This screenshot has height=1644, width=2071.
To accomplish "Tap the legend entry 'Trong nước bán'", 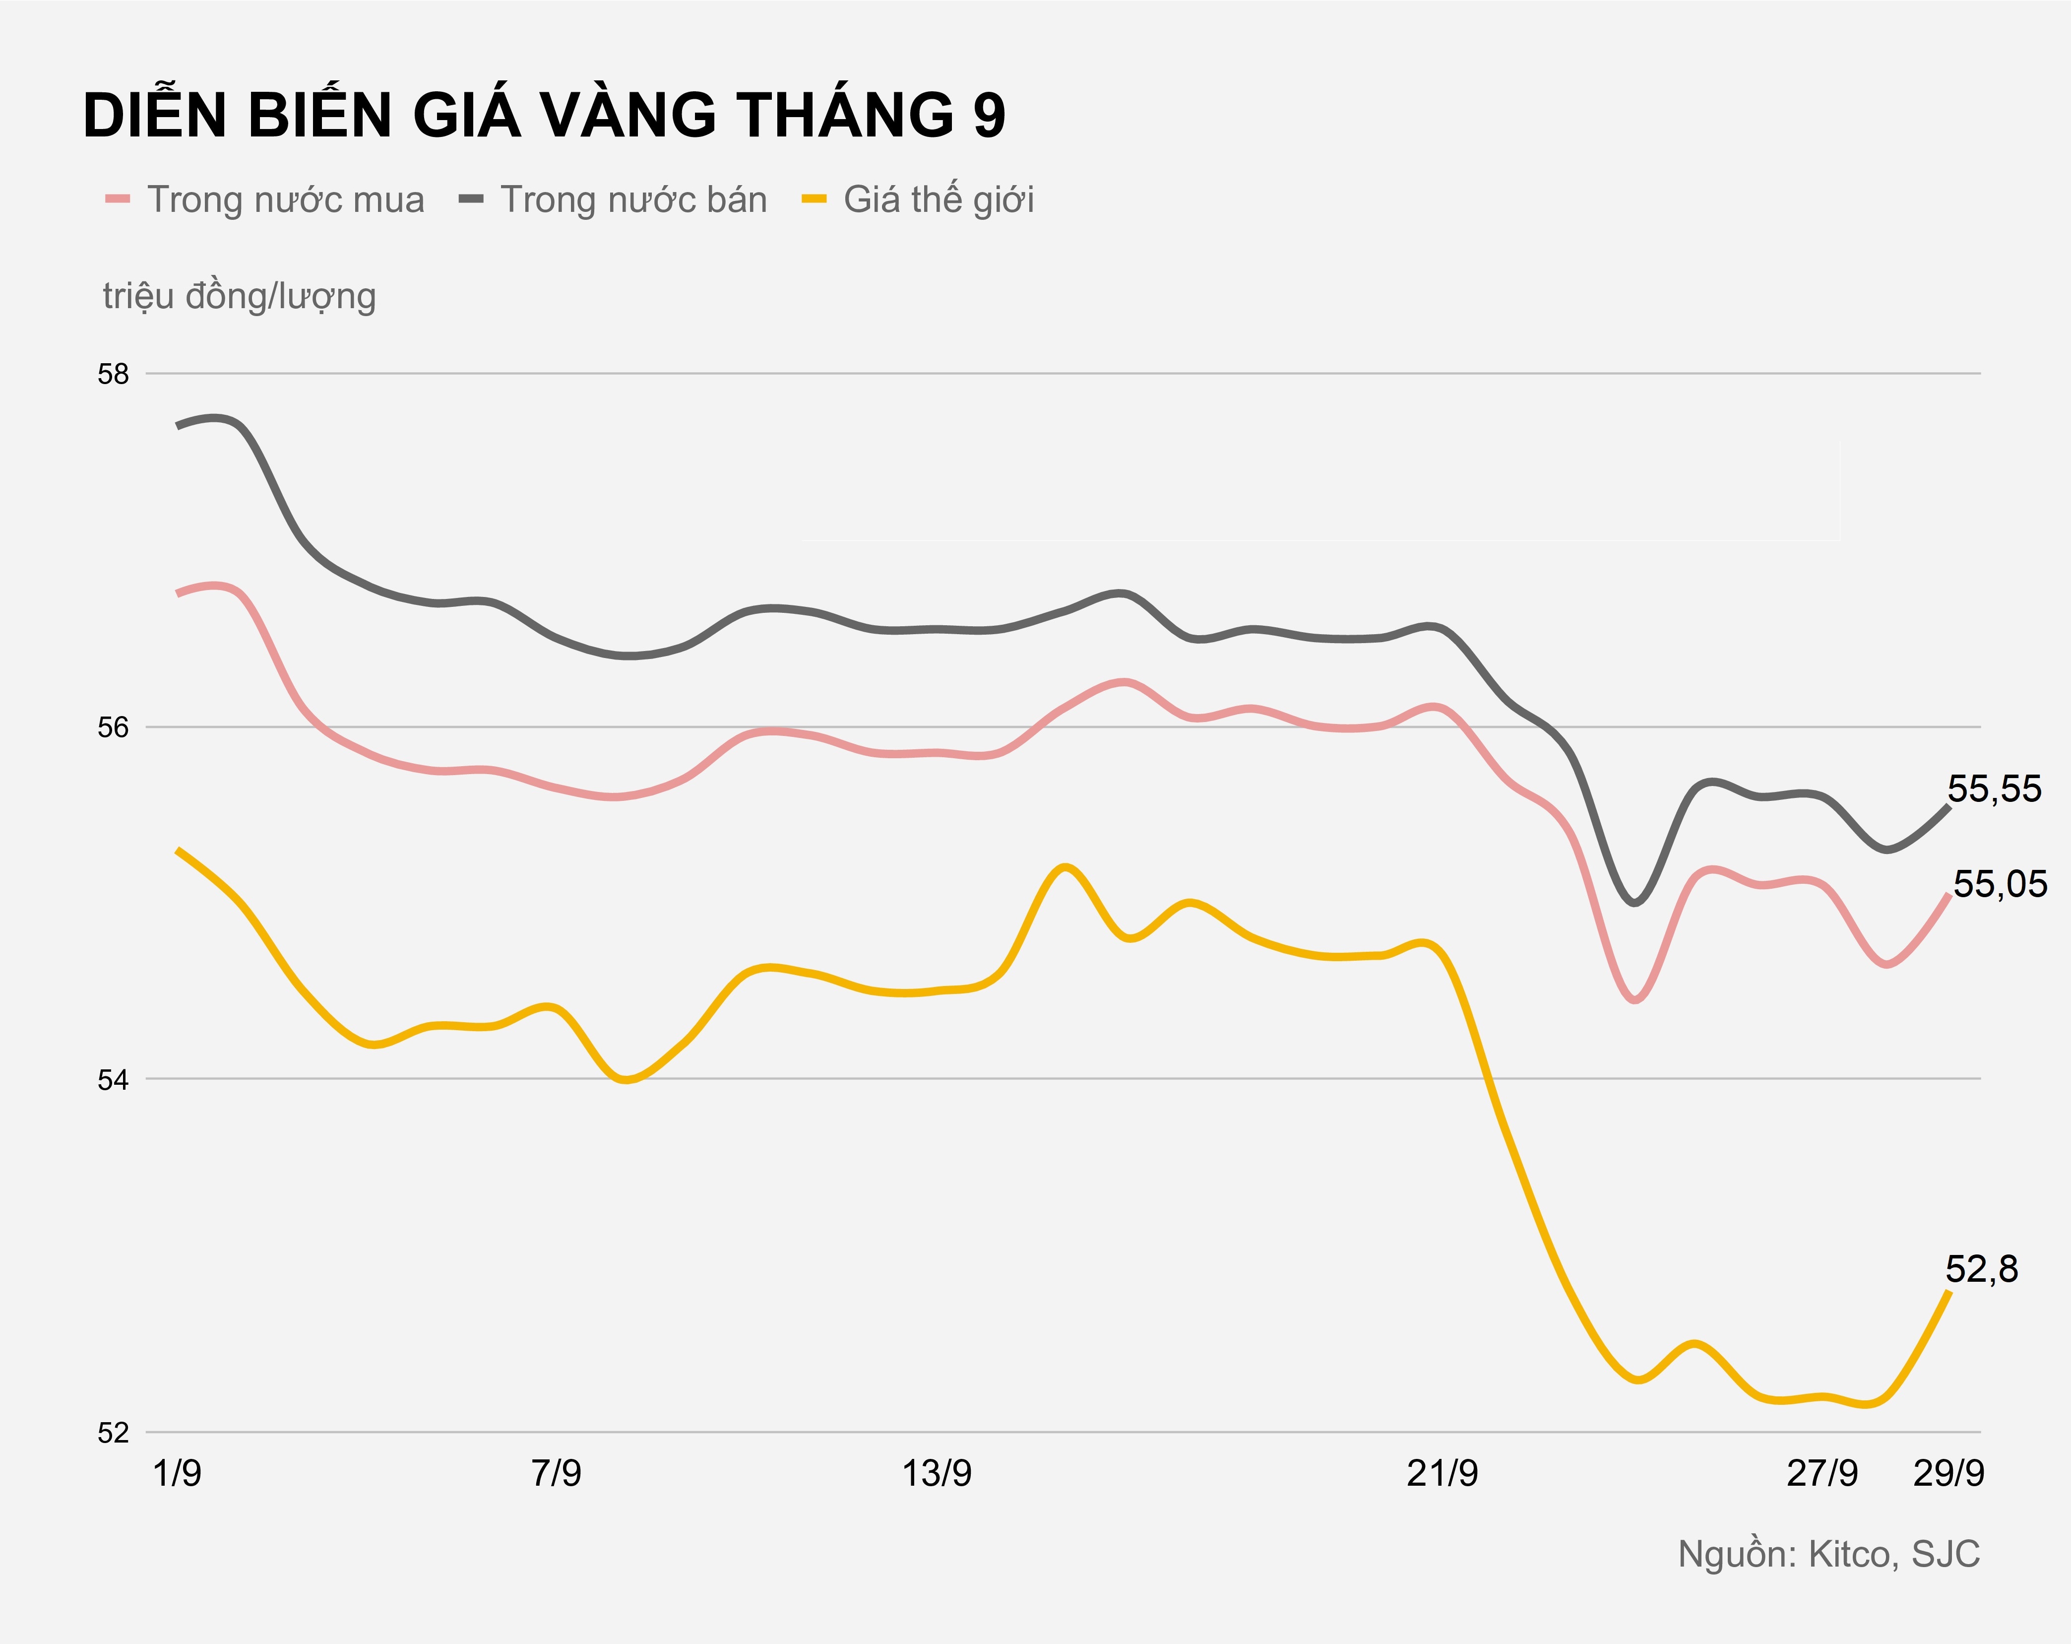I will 633,200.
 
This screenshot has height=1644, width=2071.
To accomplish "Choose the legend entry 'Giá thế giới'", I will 939,200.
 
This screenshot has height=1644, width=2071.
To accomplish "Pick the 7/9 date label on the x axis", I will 556,1473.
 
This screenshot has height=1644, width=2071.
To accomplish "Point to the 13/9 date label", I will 937,1473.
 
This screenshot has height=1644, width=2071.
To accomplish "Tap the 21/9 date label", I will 1442,1473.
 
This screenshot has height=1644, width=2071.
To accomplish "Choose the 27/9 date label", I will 1821,1473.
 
